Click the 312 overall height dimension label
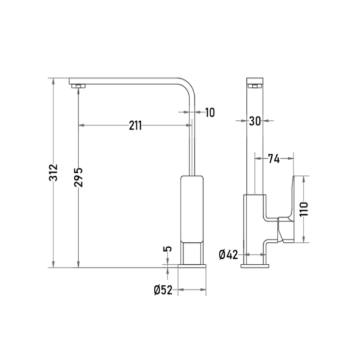click(53, 172)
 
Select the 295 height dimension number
click(78, 177)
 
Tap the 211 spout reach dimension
click(135, 126)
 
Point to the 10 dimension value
click(210, 113)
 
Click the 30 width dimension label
click(255, 121)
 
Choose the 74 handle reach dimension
click(274, 159)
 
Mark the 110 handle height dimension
click(304, 209)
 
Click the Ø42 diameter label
click(228, 255)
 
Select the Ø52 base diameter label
click(163, 290)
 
